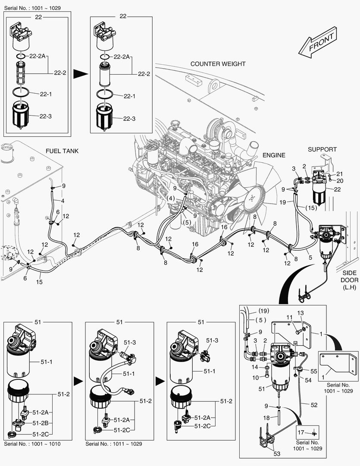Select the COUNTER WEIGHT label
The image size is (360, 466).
tap(218, 64)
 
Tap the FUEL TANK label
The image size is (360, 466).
tap(62, 151)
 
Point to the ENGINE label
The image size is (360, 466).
tap(274, 155)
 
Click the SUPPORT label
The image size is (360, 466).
tap(322, 149)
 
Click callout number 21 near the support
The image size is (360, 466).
tap(339, 173)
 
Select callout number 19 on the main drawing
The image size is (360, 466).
tap(295, 202)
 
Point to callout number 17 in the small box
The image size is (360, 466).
tap(301, 432)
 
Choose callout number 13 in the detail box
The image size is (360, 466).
tap(301, 313)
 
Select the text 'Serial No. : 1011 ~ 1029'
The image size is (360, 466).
tap(113, 444)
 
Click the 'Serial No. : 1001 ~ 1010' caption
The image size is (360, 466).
tap(32, 444)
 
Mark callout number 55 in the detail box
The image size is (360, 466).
tap(313, 371)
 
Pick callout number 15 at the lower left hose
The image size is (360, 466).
tap(39, 282)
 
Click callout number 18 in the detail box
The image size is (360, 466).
tap(266, 418)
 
